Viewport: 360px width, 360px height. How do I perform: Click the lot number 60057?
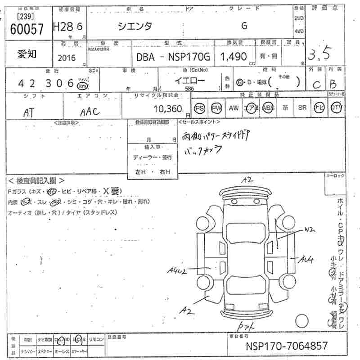click(27, 29)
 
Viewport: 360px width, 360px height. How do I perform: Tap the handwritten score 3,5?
click(319, 55)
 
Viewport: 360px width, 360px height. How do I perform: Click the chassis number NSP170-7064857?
click(287, 346)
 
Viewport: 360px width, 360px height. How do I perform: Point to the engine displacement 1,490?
click(233, 57)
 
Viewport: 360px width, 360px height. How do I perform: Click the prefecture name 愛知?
click(27, 54)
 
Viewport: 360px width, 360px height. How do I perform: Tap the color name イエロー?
click(190, 81)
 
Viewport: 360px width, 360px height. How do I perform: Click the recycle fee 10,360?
click(167, 108)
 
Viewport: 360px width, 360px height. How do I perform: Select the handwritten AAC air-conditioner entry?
click(90, 111)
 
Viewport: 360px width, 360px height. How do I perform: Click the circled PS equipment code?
click(199, 108)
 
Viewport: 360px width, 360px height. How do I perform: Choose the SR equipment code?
click(302, 108)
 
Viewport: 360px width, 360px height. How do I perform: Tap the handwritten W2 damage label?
click(309, 229)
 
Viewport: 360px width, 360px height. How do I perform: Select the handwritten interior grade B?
click(333, 84)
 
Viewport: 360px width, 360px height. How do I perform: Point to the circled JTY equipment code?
click(336, 108)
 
